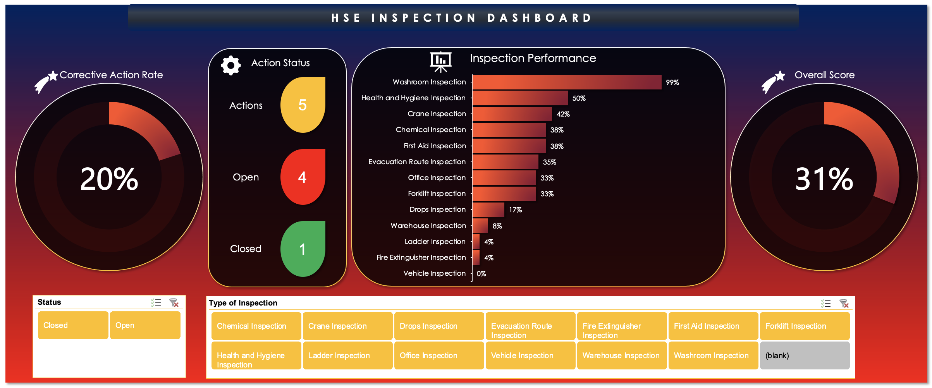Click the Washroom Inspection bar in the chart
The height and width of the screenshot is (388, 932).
[x=567, y=82]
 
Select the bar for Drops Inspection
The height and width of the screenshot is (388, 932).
[x=488, y=209]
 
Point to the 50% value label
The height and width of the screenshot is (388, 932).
[x=579, y=98]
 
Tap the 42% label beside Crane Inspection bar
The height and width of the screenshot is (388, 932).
[x=563, y=114]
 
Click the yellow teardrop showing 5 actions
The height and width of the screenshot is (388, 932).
[x=303, y=105]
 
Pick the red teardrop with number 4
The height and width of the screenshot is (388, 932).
[x=303, y=177]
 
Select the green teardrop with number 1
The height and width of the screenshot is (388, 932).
[x=303, y=249]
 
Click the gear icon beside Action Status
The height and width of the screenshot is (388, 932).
[x=231, y=65]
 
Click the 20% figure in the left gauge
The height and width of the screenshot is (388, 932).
[x=109, y=179]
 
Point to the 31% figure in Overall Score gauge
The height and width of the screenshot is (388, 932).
[x=824, y=179]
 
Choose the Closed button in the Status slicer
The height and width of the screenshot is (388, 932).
[x=73, y=325]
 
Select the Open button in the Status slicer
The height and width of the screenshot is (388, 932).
[x=145, y=325]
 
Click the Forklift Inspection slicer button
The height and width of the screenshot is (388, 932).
[x=805, y=326]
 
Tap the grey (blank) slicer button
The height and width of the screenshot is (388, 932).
[x=805, y=355]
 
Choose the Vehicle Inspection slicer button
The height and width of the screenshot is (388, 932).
[x=530, y=355]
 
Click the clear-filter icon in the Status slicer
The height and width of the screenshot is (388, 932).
[x=174, y=302]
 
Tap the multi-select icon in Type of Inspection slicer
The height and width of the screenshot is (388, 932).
[x=825, y=303]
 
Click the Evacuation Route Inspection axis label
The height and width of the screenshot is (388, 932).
[x=417, y=162]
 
